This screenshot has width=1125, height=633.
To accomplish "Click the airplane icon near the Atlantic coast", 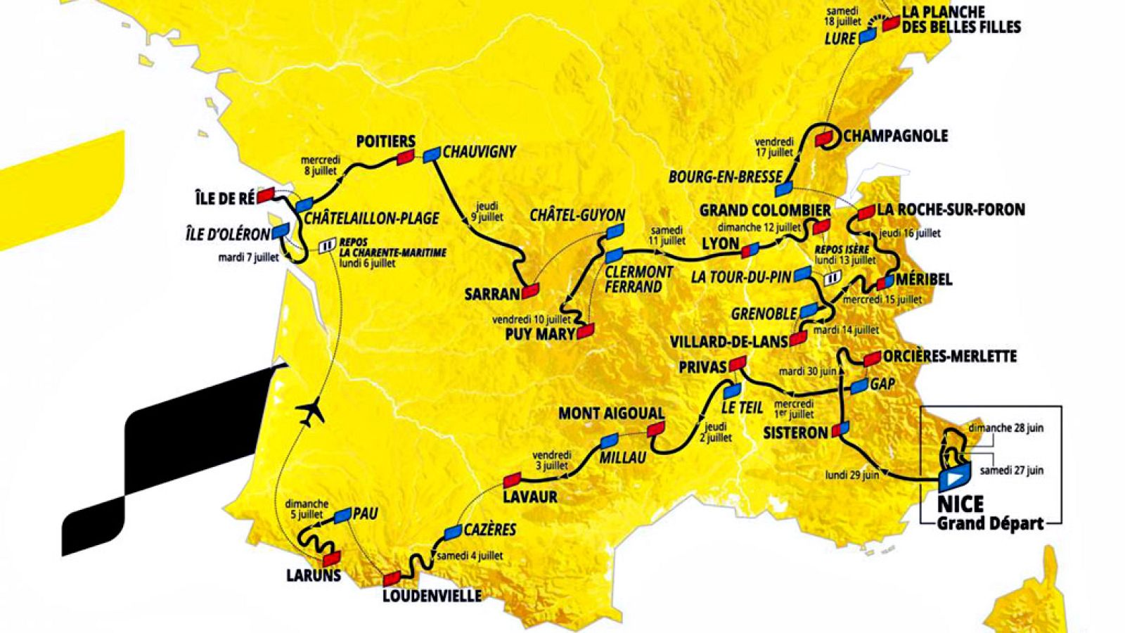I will point(310,411).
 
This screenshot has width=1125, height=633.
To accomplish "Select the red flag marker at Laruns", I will point(331,559).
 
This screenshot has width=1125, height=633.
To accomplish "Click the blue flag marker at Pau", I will point(343,516).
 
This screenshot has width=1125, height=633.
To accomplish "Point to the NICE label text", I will point(960,504).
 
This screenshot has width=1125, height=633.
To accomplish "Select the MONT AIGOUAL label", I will point(611,414).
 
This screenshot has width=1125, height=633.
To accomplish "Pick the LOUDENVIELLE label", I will point(432,596).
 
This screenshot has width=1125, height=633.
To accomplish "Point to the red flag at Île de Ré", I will point(265,195).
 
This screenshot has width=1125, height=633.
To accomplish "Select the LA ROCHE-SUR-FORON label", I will point(951,210).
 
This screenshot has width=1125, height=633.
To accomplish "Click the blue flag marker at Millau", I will point(608,441).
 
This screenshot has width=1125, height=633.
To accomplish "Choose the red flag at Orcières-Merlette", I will point(872,359).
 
